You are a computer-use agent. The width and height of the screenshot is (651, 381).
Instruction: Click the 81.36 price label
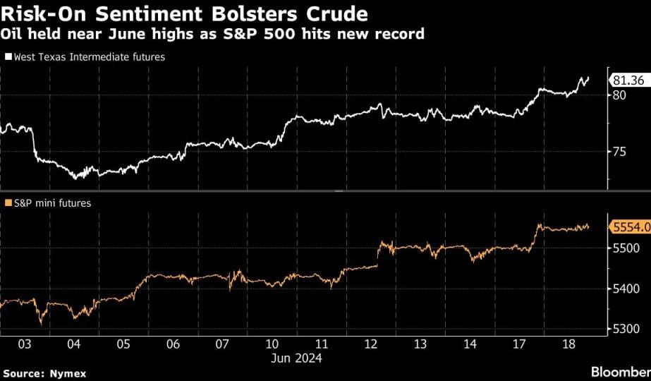(x=629, y=80)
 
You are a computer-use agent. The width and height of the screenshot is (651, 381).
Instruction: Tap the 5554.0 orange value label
(x=630, y=227)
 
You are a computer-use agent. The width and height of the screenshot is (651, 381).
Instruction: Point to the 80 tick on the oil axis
(x=619, y=95)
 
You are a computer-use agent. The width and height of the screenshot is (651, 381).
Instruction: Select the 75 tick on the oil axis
(x=619, y=152)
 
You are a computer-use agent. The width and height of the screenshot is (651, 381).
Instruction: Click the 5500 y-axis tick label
(x=626, y=248)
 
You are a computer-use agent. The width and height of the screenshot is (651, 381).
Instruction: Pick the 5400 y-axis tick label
(x=626, y=289)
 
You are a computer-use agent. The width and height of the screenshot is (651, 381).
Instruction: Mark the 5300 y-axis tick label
(x=626, y=329)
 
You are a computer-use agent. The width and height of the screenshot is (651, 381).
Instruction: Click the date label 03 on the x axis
(x=25, y=344)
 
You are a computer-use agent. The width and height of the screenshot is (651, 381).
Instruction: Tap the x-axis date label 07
(x=223, y=344)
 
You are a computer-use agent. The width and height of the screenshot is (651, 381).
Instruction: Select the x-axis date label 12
(x=371, y=344)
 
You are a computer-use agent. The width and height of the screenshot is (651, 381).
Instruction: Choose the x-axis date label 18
(x=568, y=344)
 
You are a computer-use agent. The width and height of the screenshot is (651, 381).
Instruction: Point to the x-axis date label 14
(x=470, y=344)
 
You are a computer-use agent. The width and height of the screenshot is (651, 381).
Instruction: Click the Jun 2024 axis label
(x=296, y=358)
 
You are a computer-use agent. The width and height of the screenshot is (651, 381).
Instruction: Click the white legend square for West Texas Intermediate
(x=8, y=56)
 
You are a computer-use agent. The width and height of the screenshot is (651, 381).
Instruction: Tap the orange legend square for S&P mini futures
(x=8, y=202)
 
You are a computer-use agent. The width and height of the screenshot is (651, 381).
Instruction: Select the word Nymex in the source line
(x=68, y=373)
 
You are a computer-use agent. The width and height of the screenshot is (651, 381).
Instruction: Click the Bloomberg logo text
(x=621, y=372)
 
